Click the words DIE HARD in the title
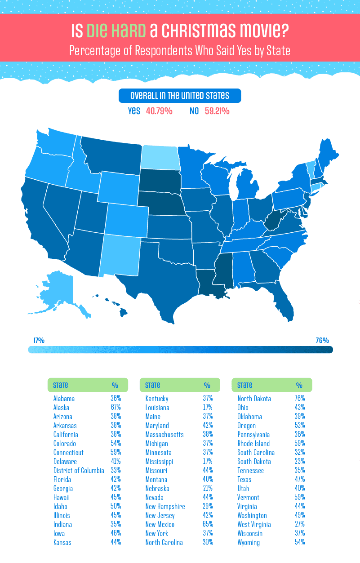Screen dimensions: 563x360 (116, 31)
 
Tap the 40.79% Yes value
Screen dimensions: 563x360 (159, 111)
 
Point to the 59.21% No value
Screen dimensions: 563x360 (220, 111)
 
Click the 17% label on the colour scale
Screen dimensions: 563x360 (39, 340)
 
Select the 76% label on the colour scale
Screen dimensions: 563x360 (322, 340)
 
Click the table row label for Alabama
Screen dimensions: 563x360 (64, 399)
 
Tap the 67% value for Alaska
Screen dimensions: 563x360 (116, 408)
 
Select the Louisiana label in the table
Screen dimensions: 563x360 (157, 408)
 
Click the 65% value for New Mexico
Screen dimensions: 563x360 (208, 524)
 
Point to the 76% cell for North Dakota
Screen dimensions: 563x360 (300, 399)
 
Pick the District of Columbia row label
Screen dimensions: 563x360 (79, 470)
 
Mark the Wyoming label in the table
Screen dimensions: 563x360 (249, 542)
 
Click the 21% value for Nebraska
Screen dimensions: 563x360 (208, 488)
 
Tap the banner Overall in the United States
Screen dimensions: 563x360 (180, 96)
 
